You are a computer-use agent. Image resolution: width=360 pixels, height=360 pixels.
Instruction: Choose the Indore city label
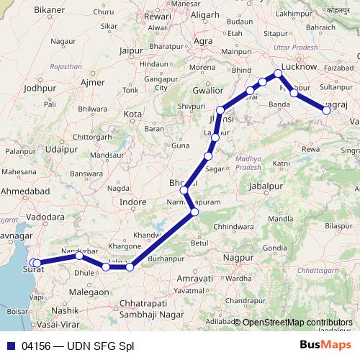pyautogui.click(x=132, y=203)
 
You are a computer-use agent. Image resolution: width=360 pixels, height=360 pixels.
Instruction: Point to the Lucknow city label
pyautogui.click(x=300, y=66)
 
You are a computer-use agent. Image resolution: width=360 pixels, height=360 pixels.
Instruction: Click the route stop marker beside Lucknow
pyautogui.click(x=278, y=73)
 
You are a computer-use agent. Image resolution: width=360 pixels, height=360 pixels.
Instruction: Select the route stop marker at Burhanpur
pyautogui.click(x=130, y=267)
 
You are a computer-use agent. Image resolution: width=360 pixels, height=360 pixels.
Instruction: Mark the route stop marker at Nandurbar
pyautogui.click(x=79, y=256)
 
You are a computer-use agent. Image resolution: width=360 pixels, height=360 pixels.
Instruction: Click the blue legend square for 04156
pyautogui.click(x=8, y=346)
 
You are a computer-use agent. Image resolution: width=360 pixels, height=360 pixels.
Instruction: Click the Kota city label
pyautogui.click(x=132, y=114)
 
